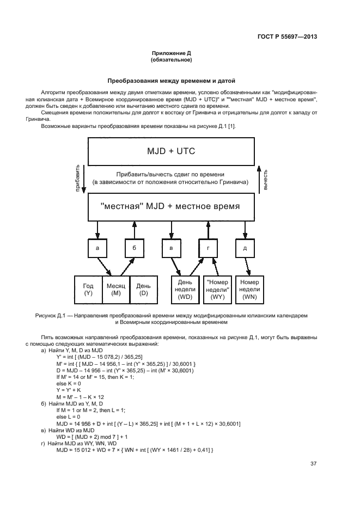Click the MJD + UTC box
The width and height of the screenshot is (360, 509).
(171, 151)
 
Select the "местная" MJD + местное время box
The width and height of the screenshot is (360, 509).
(171, 207)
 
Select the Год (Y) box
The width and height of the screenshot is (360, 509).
(88, 290)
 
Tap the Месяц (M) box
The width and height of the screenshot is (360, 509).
(116, 290)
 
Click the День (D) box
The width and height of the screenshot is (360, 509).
(143, 290)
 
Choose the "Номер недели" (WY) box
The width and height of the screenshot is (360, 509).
(217, 290)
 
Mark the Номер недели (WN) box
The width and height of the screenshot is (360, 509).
(249, 290)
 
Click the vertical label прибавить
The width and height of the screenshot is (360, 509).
(77, 179)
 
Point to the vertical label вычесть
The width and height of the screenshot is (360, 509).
(265, 179)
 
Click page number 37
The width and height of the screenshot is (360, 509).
(314, 464)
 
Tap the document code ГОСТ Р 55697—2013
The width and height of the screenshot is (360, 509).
(288, 37)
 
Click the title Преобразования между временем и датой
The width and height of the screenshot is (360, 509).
(171, 81)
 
